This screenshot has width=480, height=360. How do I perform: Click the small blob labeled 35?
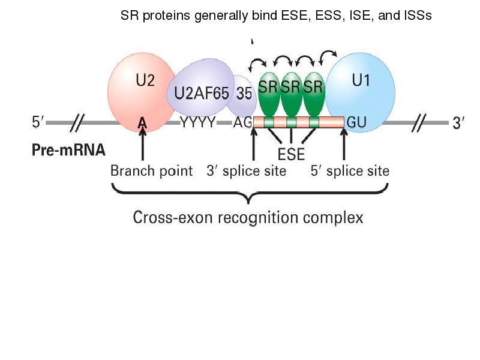click(242, 94)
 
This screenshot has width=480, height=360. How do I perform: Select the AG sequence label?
click(242, 123)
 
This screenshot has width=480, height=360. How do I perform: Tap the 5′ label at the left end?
click(38, 123)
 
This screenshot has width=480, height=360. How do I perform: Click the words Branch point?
click(151, 171)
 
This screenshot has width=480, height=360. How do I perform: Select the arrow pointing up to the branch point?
click(142, 147)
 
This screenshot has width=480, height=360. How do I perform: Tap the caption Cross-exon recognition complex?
click(248, 217)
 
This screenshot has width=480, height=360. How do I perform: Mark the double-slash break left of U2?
click(77, 123)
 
